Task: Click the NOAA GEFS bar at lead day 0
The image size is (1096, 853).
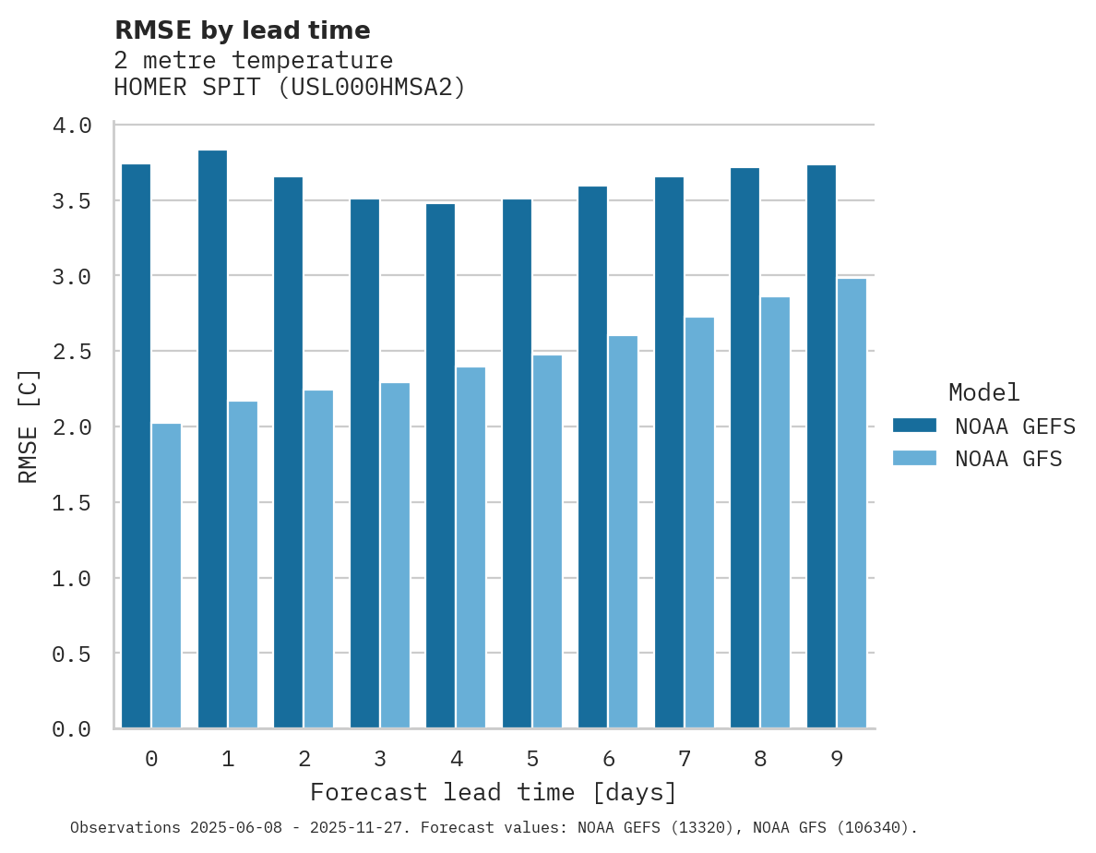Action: tap(136, 446)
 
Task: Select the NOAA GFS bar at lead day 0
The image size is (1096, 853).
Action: tap(166, 575)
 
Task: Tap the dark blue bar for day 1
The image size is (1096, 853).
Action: tap(212, 439)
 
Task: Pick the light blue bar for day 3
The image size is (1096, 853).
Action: tap(395, 555)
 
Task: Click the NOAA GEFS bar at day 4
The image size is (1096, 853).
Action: tap(440, 465)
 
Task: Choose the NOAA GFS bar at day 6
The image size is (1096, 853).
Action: tap(623, 532)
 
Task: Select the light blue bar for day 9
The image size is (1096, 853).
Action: tap(852, 503)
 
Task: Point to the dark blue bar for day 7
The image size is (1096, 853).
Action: tap(669, 452)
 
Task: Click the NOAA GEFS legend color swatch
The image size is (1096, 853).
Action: tap(914, 426)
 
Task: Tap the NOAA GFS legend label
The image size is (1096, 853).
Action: tap(1008, 459)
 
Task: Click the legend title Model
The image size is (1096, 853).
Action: tap(984, 393)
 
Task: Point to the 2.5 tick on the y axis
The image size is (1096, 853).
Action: tap(71, 352)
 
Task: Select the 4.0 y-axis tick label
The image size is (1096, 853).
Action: tap(71, 126)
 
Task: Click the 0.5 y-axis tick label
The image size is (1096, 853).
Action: tap(71, 654)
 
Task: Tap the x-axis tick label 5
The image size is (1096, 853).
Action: tap(532, 759)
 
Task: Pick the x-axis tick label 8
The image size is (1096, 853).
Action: tap(760, 759)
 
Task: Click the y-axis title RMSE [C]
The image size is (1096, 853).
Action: tap(29, 426)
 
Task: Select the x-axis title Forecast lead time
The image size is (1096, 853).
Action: tap(494, 793)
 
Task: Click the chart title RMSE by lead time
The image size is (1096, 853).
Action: tap(242, 30)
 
